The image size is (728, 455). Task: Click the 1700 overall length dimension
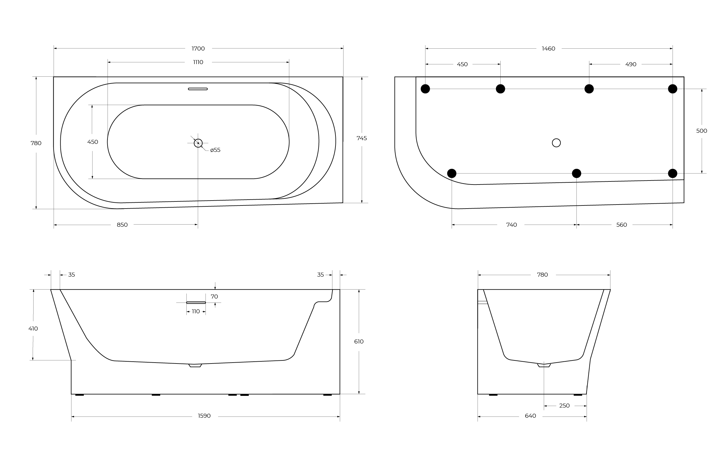(198, 48)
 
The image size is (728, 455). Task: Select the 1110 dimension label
(198, 62)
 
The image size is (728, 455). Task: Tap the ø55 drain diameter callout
(215, 150)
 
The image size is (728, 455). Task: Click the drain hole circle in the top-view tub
(198, 143)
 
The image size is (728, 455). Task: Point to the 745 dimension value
(362, 138)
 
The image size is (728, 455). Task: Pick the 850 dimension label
(122, 225)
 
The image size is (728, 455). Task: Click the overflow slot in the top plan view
(198, 89)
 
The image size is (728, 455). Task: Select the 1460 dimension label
(548, 48)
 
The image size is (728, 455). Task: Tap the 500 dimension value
(702, 131)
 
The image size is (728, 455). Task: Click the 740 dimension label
(511, 225)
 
